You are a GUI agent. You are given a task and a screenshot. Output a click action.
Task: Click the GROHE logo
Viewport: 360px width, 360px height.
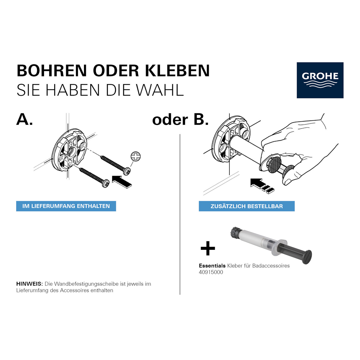pos(320,80)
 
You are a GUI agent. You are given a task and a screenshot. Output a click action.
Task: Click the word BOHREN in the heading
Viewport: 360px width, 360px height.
pos(52,71)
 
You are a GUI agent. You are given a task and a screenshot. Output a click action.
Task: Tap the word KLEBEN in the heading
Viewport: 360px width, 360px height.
pos(177,71)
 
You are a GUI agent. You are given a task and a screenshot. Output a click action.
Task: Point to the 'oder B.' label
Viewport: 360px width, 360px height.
pos(180,120)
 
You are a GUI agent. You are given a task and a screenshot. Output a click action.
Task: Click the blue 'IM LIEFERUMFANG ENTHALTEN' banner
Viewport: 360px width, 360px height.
pos(66,206)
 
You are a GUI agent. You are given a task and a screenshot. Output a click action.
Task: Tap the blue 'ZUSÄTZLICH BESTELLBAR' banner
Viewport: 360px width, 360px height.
pos(247,206)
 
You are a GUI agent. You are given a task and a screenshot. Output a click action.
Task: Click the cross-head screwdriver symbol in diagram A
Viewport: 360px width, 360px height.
pos(136,156)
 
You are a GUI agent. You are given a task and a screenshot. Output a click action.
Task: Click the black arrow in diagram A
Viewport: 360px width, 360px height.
pos(122,182)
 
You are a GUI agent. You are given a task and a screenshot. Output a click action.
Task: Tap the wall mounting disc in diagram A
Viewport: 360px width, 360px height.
pos(69,150)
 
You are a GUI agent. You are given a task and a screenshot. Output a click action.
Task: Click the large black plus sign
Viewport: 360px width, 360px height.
pos(208,248)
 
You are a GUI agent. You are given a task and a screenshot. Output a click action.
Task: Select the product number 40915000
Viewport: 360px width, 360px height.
pos(211,272)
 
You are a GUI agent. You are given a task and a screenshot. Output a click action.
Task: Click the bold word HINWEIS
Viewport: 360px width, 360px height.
pos(29,284)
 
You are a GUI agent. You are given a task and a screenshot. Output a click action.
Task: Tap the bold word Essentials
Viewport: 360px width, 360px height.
pos(212,266)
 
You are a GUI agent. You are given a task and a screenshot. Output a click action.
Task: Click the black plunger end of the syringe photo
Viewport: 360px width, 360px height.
pos(307,257)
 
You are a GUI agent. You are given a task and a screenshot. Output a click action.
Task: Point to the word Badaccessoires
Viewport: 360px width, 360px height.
pos(271,266)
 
